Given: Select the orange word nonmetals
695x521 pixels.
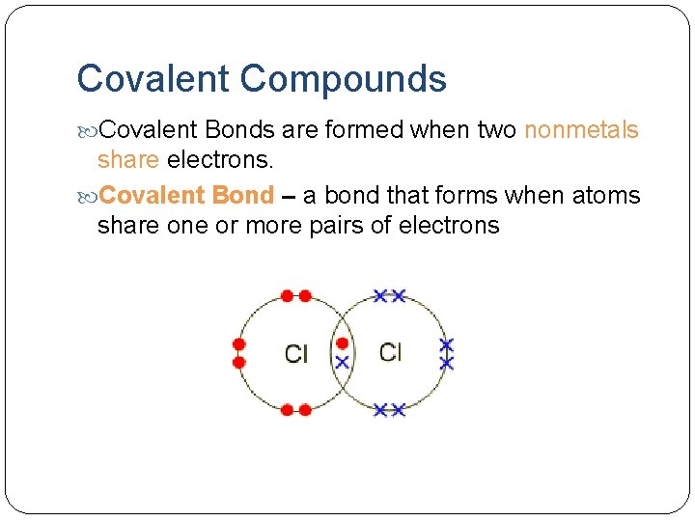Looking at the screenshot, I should coord(581,130).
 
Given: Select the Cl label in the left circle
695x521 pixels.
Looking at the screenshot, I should coord(296,354).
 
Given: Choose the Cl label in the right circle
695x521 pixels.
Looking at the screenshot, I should coord(390,352).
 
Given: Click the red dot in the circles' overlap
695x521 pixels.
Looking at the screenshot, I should coord(342,343).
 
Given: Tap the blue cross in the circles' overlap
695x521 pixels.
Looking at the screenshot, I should coord(342,363).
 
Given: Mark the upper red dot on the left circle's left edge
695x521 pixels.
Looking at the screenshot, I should coord(239,344).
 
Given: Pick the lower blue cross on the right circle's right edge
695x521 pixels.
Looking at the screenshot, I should coord(446,363).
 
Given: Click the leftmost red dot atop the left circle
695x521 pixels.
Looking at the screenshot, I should coord(287,296).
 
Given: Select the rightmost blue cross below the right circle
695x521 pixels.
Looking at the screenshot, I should coord(398,410).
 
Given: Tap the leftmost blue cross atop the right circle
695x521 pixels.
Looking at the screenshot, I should coord(380,295).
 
